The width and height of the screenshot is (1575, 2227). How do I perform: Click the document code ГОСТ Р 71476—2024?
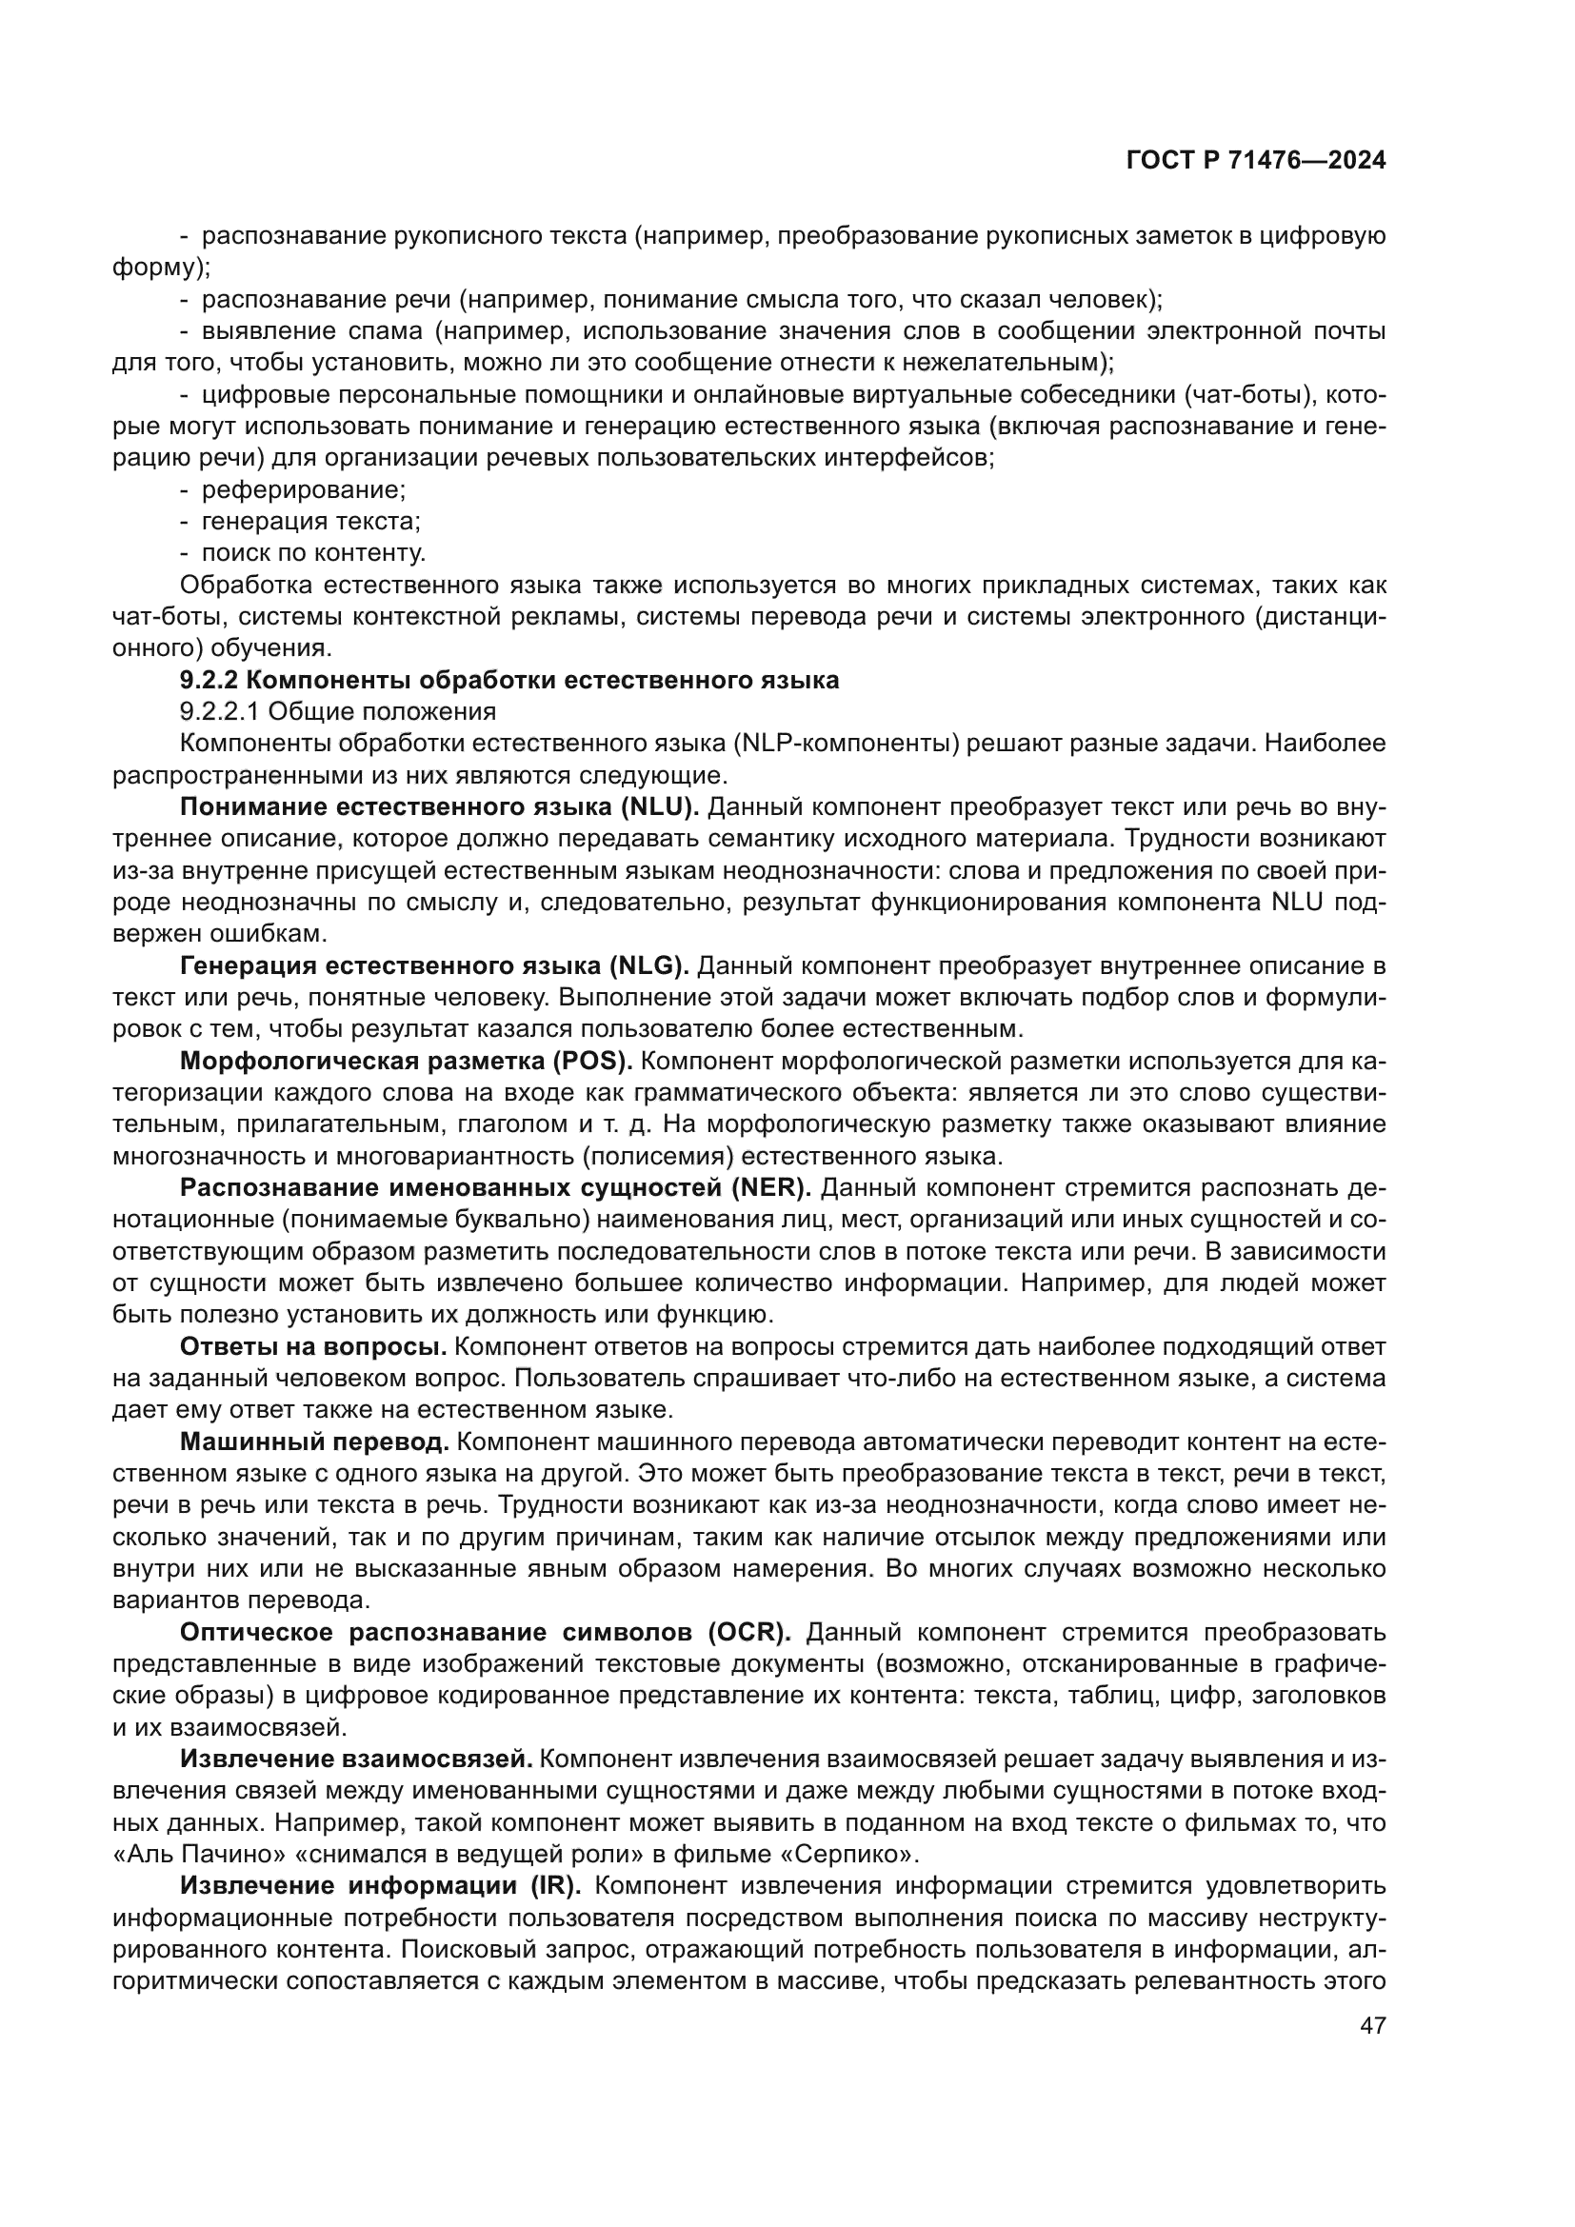coord(1256,161)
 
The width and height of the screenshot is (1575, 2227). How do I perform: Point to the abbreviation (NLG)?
coord(648,966)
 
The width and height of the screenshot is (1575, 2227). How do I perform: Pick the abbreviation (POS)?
coord(592,1061)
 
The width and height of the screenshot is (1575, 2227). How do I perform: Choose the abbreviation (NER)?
coord(771,1188)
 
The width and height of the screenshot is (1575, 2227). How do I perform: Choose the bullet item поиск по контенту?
coord(313,554)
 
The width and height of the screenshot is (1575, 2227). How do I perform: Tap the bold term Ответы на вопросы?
coord(312,1346)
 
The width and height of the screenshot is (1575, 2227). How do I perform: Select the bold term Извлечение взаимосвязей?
coord(356,1760)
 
